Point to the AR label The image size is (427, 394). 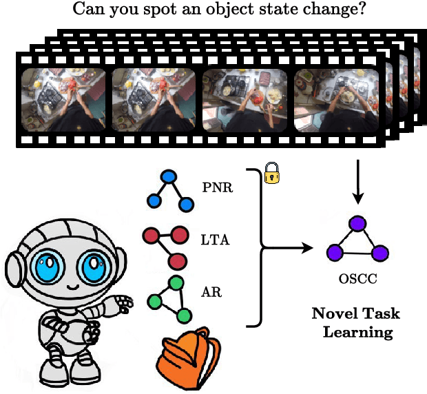pyautogui.click(x=211, y=292)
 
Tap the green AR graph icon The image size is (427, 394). pyautogui.click(x=168, y=298)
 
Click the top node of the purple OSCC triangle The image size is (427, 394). pyautogui.click(x=357, y=224)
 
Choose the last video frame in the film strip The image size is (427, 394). pyautogui.click(x=337, y=100)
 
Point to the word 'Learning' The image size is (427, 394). pyautogui.click(x=357, y=332)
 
